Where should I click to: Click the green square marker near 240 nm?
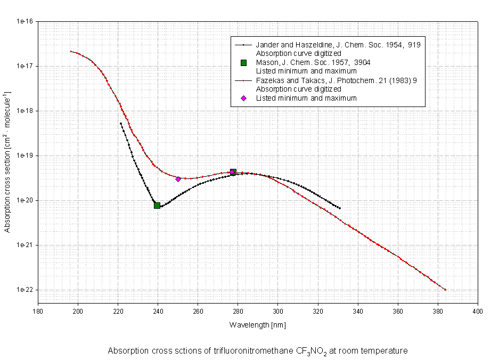[x=157, y=205]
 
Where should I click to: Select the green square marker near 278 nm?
[x=233, y=171]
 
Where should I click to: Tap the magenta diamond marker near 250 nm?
[x=178, y=179]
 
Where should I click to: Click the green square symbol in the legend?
[x=243, y=63]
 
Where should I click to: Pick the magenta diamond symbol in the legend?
[x=243, y=98]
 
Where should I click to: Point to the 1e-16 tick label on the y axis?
[x=26, y=22]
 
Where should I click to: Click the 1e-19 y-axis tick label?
[x=26, y=156]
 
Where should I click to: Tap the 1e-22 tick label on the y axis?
[x=26, y=290]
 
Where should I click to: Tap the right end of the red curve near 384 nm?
[x=445, y=290]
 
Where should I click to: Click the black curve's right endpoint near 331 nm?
[x=340, y=208]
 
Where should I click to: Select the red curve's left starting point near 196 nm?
[x=70, y=51]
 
